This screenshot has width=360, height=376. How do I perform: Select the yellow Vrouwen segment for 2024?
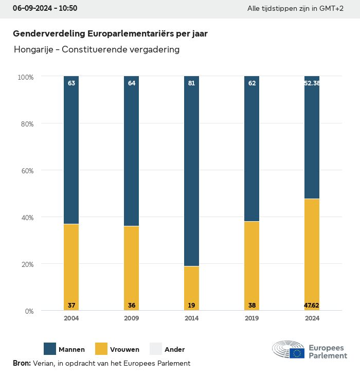click(x=312, y=255)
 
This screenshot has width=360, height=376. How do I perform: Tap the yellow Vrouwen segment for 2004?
click(x=71, y=267)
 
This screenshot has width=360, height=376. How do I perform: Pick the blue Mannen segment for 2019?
click(x=251, y=149)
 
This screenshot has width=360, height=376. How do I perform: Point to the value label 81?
click(x=191, y=83)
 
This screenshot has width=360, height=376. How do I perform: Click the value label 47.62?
click(x=312, y=306)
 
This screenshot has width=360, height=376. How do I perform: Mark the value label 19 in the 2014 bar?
click(x=191, y=306)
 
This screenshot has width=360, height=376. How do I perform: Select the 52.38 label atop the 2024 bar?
click(x=312, y=83)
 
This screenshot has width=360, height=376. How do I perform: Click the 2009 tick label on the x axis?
click(x=131, y=318)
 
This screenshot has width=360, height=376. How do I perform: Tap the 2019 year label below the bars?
click(x=251, y=318)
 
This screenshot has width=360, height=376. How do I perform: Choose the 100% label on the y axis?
click(x=25, y=77)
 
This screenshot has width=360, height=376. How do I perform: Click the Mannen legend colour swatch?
click(x=50, y=349)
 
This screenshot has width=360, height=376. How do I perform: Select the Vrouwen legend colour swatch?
click(x=101, y=349)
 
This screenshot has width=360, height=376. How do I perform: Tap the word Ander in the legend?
click(x=174, y=350)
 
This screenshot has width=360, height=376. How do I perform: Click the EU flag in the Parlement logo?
click(x=297, y=353)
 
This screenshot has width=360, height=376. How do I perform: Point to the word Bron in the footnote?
click(x=22, y=363)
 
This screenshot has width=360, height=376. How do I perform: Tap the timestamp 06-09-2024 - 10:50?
click(x=45, y=9)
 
